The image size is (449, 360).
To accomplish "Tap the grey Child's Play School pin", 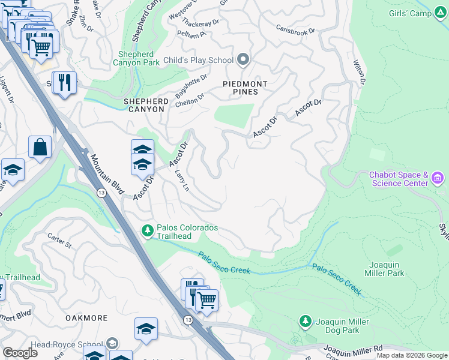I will pos(243,59).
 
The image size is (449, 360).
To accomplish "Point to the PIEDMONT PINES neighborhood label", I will pos(241,88).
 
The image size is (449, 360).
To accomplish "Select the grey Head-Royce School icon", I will pos(112,344).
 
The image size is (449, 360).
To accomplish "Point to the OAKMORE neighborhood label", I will pos(85,318).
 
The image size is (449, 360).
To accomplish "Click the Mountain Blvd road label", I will pos(106,175).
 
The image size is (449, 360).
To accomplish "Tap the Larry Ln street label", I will pos(181,180).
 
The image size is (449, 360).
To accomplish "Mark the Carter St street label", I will pos(59,241).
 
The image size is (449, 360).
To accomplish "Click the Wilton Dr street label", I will pos(358,71).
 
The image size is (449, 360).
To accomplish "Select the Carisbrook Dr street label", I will pos(295,28).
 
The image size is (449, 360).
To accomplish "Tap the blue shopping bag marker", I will pos(40,148).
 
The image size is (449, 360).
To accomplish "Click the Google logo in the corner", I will pos(20,353).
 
